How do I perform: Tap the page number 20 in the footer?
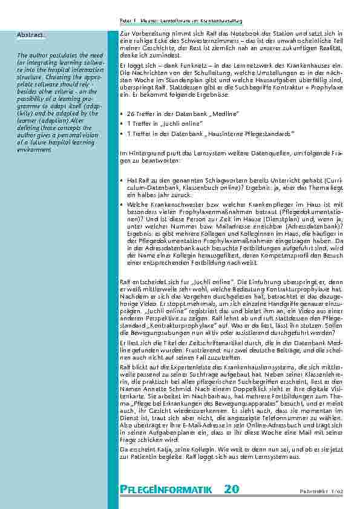231,488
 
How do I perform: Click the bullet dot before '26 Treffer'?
123,114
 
